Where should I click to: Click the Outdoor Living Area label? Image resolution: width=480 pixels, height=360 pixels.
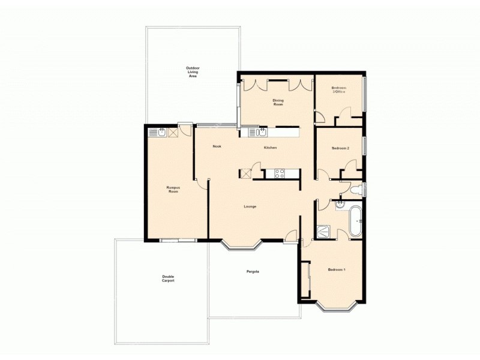193,73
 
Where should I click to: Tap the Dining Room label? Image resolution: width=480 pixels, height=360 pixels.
278,103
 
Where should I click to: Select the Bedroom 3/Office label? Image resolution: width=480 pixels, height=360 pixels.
339,90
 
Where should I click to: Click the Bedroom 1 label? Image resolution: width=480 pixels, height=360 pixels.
337,269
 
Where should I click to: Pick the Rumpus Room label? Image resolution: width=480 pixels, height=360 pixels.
173,189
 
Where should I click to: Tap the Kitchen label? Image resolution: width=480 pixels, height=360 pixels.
270,148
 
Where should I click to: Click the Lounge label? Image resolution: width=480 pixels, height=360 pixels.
250,206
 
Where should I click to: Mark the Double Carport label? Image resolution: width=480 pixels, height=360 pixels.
168,278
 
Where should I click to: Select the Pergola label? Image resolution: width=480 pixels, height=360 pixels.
253,272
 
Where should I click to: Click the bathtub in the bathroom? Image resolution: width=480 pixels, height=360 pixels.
355,221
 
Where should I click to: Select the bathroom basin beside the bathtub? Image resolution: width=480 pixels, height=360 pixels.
339,204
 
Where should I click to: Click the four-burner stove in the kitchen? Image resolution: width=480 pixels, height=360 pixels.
280,173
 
